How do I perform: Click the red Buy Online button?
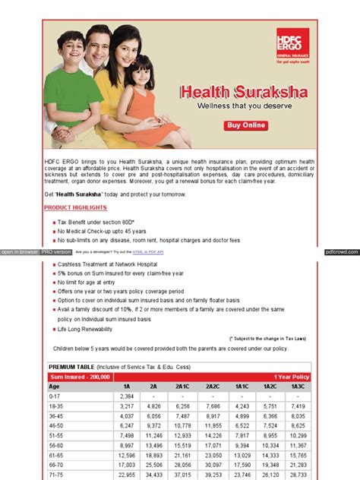pos(248,125)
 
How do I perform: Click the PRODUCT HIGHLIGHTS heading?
pos(75,207)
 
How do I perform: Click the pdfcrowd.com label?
pos(340,251)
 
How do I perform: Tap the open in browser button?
pos(19,251)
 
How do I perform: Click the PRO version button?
pos(56,251)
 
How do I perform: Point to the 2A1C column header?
pos(182,386)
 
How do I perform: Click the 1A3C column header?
pos(298,386)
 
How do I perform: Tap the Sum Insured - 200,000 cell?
pos(80,377)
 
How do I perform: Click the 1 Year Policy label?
pos(292,377)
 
